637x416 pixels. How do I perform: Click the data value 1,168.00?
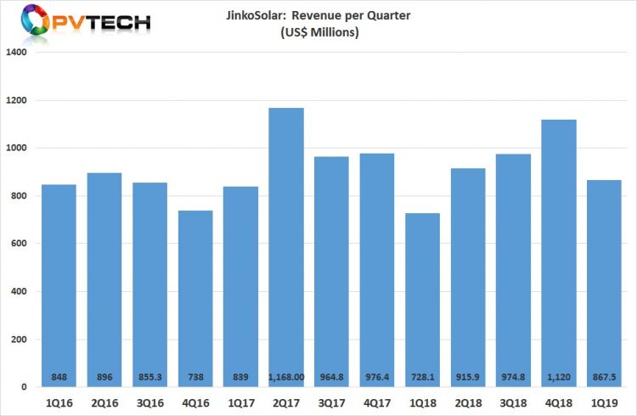(x=286, y=376)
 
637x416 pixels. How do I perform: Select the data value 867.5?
(x=604, y=376)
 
